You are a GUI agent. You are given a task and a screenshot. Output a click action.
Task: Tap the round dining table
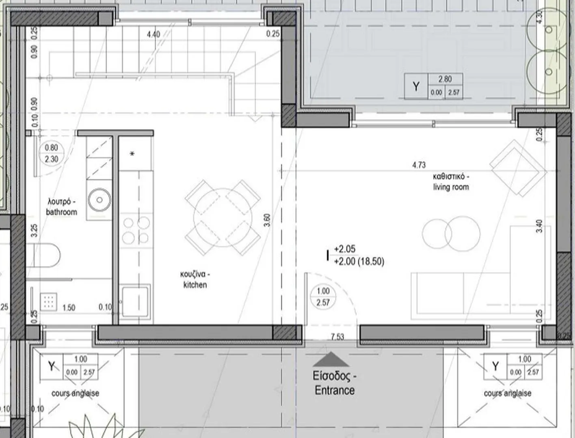coord(223,217)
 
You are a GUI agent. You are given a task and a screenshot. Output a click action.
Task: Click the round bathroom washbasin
coord(99,200)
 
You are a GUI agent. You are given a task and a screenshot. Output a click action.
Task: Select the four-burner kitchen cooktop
coord(136,230)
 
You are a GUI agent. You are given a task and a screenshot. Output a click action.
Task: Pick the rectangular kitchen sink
coord(135,301)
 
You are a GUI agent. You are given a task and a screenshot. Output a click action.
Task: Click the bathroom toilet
coord(43,255)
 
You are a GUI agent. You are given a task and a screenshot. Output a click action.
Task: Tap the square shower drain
coord(49,302)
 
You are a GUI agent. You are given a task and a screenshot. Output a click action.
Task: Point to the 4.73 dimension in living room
coord(419,165)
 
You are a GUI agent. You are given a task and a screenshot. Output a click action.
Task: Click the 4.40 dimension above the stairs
coord(153,34)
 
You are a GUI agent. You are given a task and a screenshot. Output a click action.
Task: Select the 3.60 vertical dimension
coord(267,220)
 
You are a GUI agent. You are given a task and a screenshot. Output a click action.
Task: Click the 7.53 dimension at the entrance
coord(337,337)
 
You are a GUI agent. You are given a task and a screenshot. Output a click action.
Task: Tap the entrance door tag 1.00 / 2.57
coord(323,297)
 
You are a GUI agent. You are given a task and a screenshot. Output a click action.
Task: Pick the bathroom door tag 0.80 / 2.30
coord(51,153)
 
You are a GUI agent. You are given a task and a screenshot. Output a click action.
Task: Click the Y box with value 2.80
coord(434,86)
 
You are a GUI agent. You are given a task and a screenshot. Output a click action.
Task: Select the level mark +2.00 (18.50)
coord(359,262)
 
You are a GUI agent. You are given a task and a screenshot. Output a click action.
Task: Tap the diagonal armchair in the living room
coord(518,168)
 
